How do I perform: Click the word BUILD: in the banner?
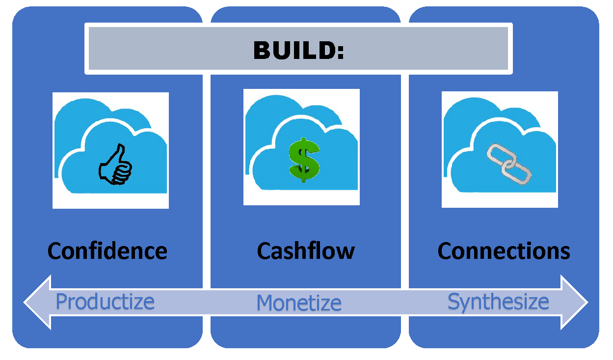point(298,51)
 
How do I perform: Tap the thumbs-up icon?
point(116,165)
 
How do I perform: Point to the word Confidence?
point(107,251)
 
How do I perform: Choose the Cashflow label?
point(306,251)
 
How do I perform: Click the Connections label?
point(504,251)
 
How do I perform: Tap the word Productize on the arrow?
point(105,302)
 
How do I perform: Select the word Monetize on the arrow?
point(299,303)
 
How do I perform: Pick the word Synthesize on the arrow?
point(498,302)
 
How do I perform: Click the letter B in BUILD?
point(261,51)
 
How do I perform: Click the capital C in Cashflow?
point(264,251)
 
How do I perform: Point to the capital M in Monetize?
point(265,303)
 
